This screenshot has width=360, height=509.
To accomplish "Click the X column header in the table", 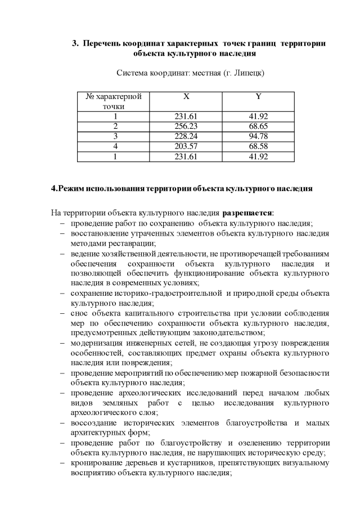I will tap(186, 96).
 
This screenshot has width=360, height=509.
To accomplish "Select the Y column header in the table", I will tap(258, 96).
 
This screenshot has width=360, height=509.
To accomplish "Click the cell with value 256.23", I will tap(186, 126).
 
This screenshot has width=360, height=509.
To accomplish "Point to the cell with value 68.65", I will tap(258, 126).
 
